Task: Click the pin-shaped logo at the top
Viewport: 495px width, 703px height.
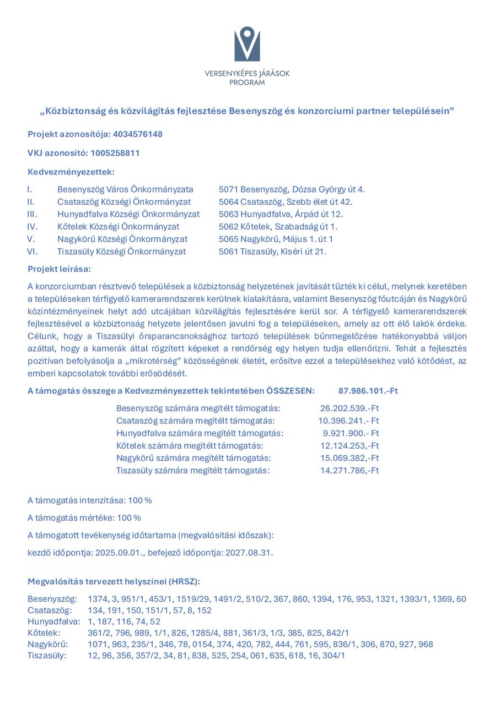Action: (247, 43)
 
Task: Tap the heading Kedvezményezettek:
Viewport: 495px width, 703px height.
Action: (71, 172)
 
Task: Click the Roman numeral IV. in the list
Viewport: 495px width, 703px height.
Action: (33, 226)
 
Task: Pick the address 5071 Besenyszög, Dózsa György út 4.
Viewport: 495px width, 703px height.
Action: (292, 189)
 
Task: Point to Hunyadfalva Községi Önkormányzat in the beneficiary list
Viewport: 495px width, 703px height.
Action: (128, 214)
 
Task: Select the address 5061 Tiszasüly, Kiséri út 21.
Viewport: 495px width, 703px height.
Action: (273, 252)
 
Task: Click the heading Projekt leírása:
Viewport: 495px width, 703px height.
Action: (59, 269)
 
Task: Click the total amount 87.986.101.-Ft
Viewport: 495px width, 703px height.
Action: (368, 391)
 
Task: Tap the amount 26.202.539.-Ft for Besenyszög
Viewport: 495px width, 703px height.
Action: (349, 408)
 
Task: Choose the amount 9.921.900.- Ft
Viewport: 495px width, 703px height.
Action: (351, 433)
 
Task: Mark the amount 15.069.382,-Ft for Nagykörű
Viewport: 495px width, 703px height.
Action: (349, 458)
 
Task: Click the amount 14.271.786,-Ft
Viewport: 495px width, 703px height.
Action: (349, 471)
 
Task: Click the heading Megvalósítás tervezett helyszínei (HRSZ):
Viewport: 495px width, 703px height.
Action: (114, 581)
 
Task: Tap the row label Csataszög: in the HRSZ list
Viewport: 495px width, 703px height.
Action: (50, 611)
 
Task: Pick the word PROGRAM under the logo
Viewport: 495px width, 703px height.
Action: (247, 83)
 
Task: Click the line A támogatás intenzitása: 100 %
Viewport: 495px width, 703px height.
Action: (90, 500)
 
